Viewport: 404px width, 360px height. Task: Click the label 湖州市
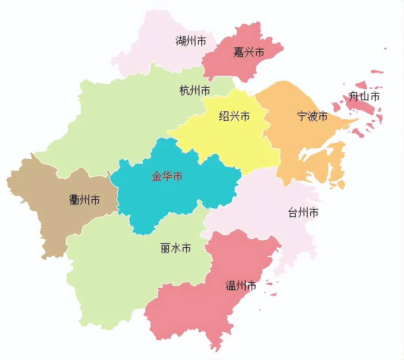190,41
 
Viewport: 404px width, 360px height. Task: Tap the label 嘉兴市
249,52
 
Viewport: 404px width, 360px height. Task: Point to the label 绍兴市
234,116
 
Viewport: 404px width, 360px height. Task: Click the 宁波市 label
312,116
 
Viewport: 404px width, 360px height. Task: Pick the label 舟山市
364,97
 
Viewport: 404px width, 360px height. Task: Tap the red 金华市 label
167,176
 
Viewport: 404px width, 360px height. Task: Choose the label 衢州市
84,200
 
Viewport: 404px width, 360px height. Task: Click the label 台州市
303,213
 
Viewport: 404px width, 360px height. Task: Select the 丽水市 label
176,248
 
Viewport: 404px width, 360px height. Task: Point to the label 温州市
241,285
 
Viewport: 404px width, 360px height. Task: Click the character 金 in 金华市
156,176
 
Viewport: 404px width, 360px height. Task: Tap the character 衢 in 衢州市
75,200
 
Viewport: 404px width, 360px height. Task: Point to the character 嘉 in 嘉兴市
238,52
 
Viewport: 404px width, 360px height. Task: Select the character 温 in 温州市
230,285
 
